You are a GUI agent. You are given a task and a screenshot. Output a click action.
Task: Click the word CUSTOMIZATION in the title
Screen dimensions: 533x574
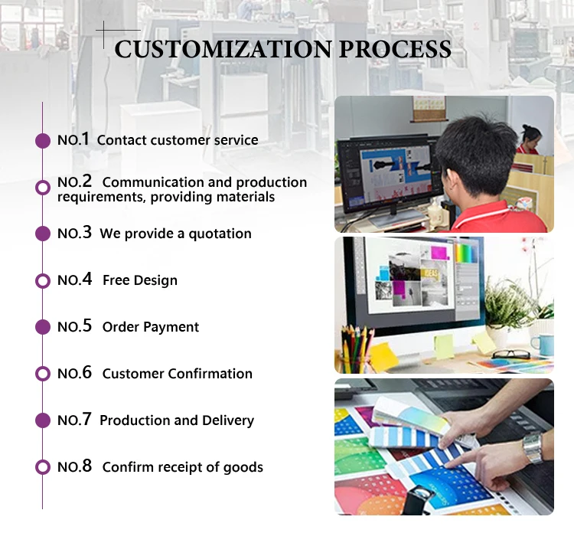[222, 49]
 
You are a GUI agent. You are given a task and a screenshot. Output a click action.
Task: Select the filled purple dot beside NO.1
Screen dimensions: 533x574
[43, 140]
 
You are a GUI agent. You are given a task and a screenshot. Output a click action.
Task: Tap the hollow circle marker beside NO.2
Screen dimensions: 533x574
[43, 187]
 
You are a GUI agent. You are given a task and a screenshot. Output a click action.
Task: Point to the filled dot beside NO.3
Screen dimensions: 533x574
[43, 234]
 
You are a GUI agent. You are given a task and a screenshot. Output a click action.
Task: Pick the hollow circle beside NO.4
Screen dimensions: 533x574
[43, 280]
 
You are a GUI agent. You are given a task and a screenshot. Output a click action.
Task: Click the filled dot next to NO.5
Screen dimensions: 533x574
[43, 327]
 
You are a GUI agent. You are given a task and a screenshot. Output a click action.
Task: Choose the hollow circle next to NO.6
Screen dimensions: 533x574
[43, 374]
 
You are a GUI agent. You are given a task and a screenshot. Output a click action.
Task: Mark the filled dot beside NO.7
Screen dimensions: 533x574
[43, 420]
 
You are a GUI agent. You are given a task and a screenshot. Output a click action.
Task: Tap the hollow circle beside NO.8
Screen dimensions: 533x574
[43, 467]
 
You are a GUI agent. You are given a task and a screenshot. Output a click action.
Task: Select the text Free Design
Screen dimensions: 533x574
[140, 280]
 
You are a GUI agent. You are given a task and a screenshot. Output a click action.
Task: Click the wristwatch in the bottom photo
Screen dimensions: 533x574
[533, 448]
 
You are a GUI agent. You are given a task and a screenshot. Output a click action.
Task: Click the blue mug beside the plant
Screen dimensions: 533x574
[543, 345]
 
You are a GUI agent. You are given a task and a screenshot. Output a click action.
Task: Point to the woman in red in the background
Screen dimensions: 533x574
[529, 140]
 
